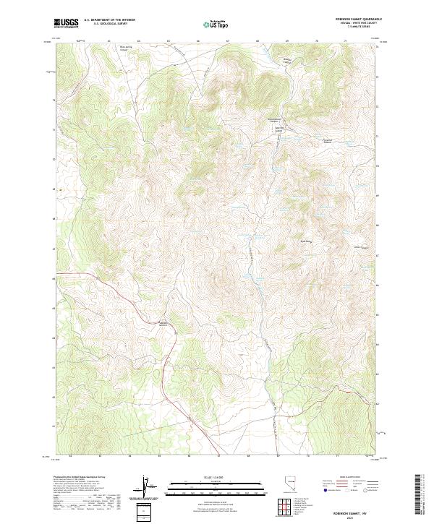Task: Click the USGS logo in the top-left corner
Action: pyautogui.click(x=66, y=23)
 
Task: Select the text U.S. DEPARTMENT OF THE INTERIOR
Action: pyautogui.click(x=109, y=20)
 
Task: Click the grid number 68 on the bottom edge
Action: pyautogui.click(x=249, y=457)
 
